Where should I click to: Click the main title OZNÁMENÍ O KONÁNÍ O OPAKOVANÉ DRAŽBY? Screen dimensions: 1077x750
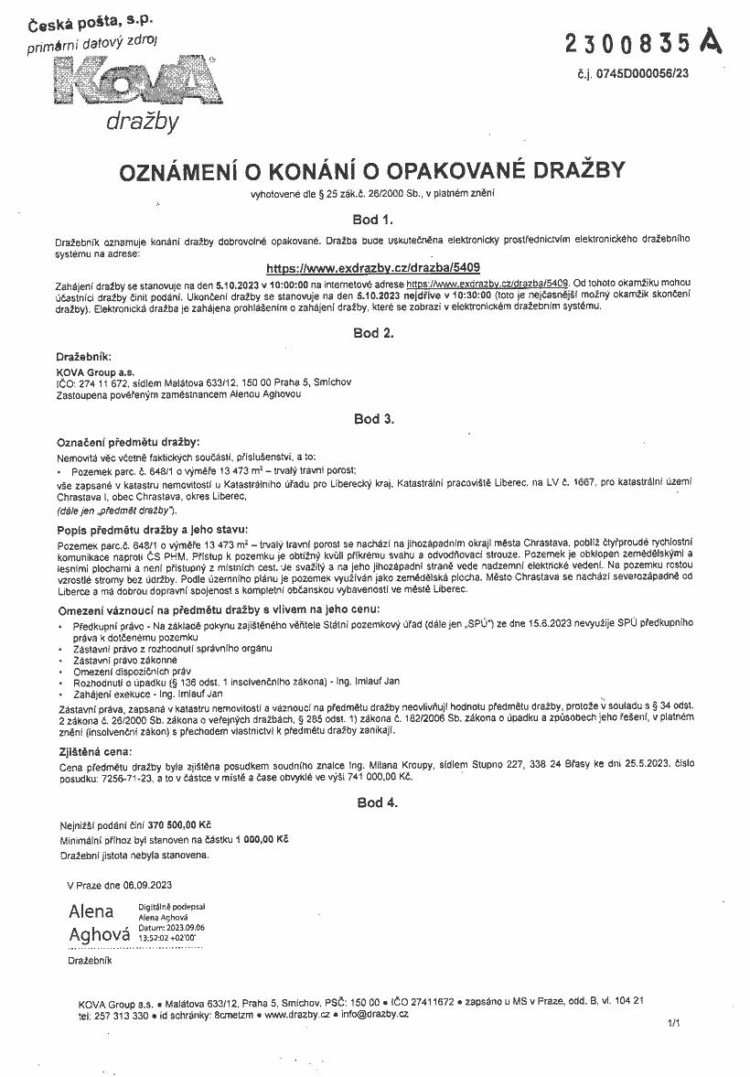click(373, 171)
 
